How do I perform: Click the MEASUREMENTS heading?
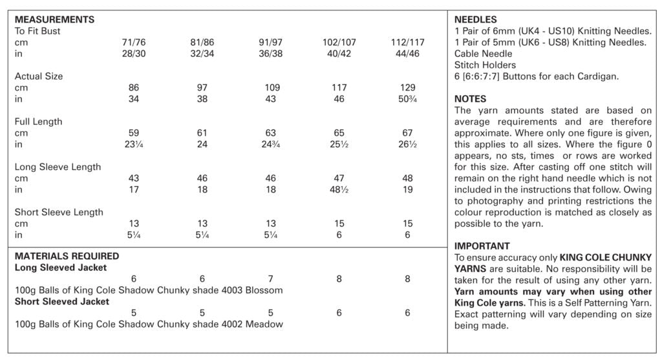tap(54, 20)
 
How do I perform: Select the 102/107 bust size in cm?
tap(339, 43)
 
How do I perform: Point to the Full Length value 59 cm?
tap(134, 133)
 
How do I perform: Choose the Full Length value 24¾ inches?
tap(271, 145)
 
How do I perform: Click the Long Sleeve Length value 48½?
tap(339, 190)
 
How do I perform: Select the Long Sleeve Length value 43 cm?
tap(134, 178)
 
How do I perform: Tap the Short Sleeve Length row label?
tap(59, 213)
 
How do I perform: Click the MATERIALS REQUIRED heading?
tap(67, 256)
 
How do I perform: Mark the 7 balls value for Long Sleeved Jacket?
tap(271, 279)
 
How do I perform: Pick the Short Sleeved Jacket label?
tap(62, 302)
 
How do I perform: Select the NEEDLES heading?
tap(475, 20)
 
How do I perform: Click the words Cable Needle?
tap(483, 54)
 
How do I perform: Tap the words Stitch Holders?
tap(485, 65)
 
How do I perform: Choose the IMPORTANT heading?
tap(482, 246)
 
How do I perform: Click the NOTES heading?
tap(470, 100)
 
